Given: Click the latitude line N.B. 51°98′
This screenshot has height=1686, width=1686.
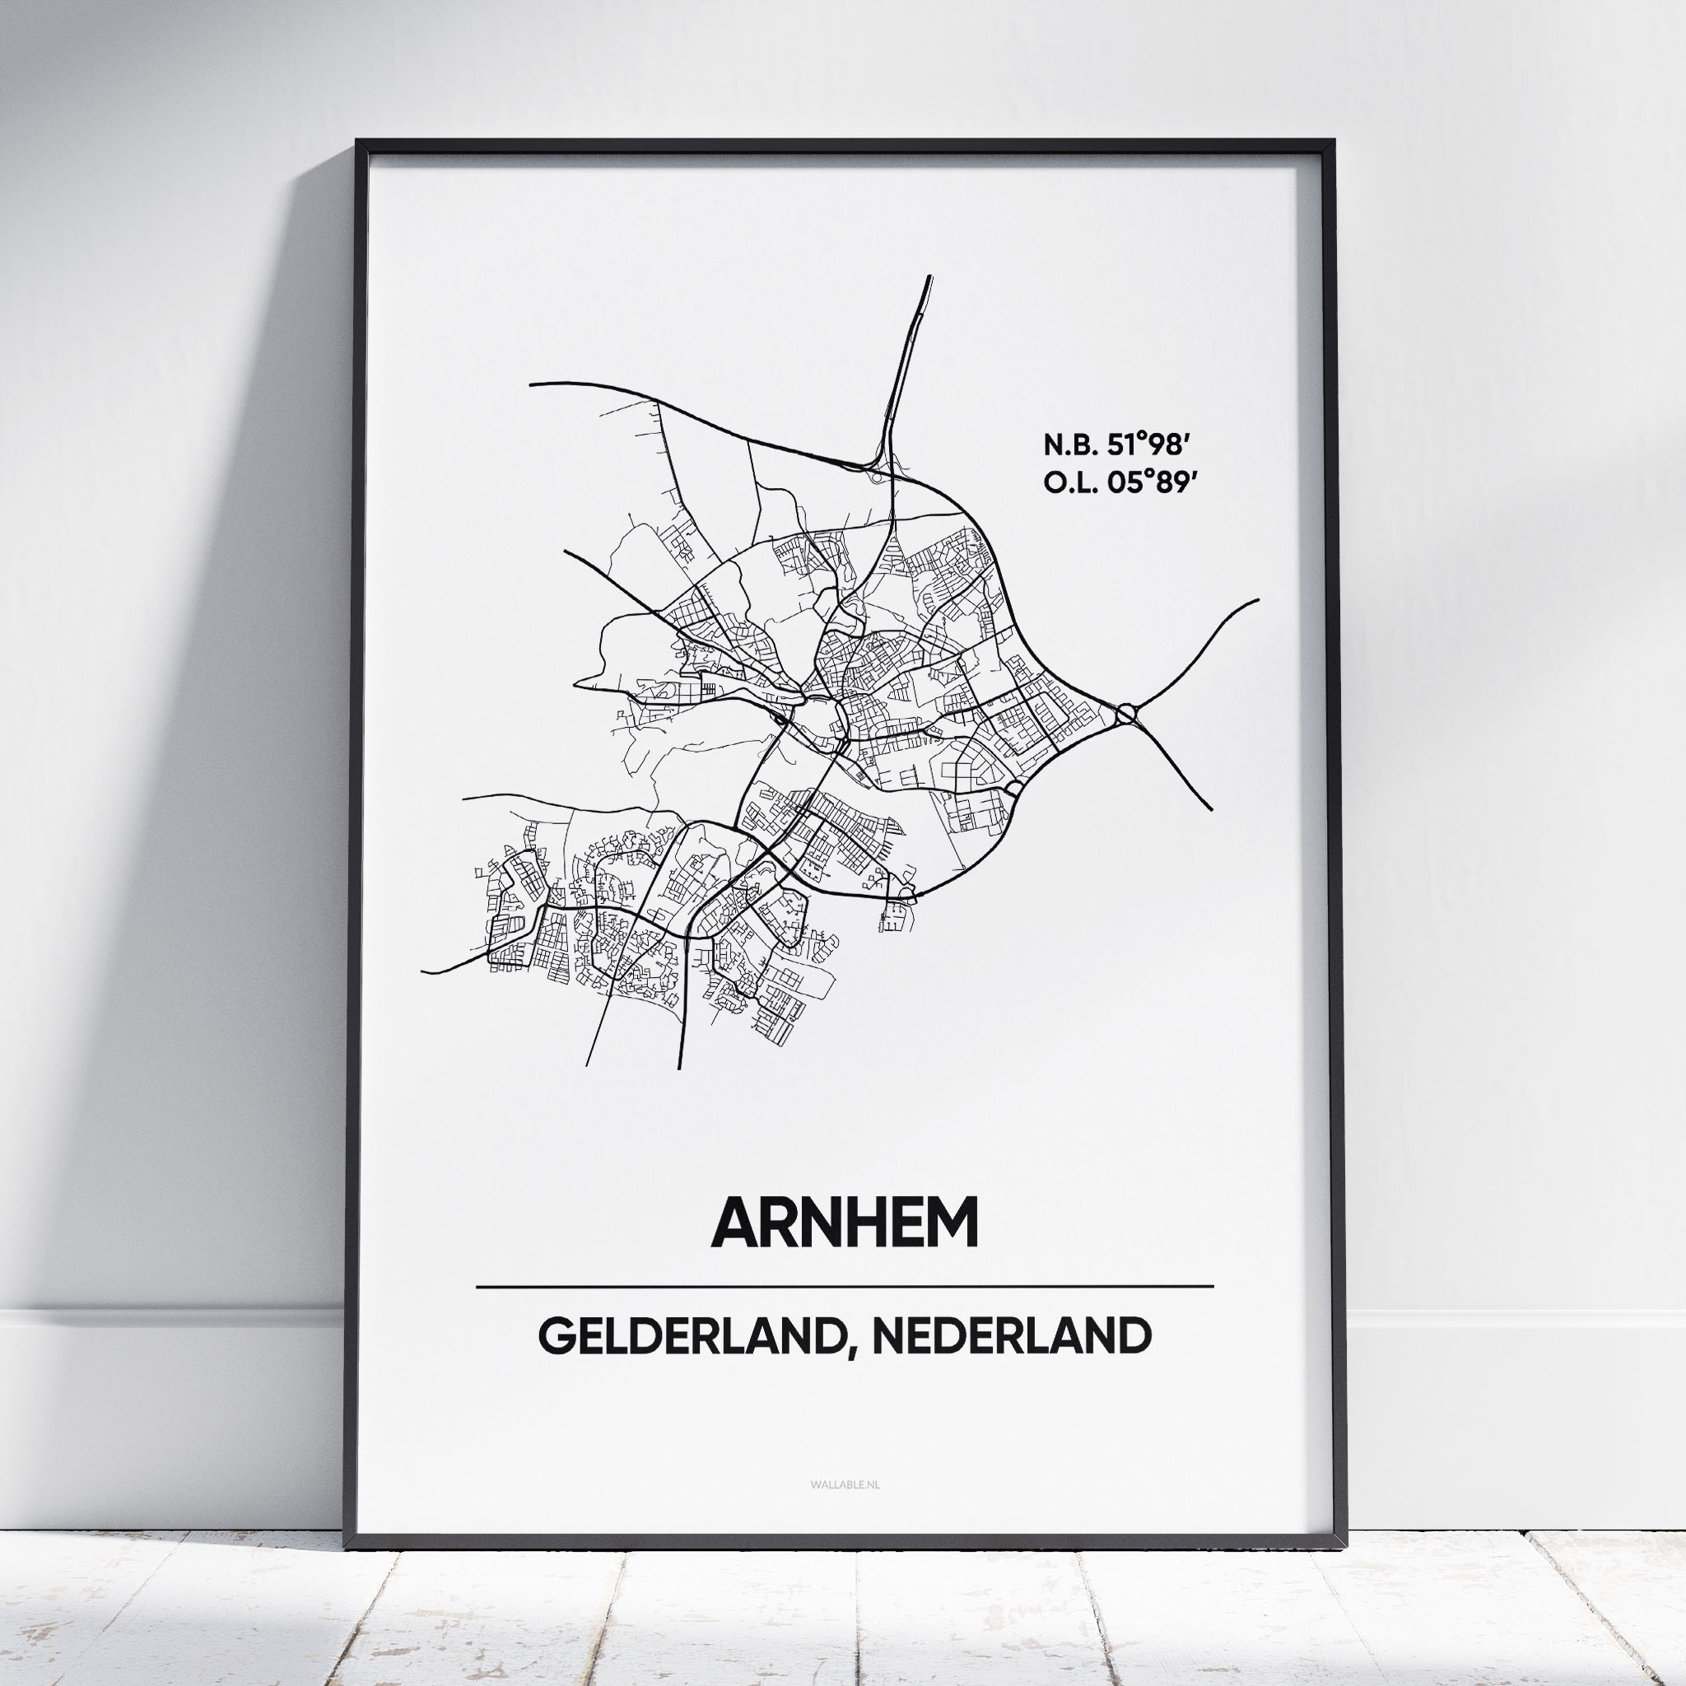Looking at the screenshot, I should coord(1117,445).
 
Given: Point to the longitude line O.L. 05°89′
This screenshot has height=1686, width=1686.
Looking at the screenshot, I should coord(1117,482).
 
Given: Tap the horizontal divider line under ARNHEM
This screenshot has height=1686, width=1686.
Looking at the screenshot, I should coord(844,1287).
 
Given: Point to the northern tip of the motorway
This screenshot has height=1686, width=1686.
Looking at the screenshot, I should coord(929,277).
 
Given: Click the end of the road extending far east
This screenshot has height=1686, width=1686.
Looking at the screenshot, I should coord(1258,600).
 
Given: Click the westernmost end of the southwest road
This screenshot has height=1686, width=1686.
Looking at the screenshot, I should coord(423,972).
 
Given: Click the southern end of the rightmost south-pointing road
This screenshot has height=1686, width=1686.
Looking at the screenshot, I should coord(679,1068).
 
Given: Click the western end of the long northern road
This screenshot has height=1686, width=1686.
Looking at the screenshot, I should coord(532,383).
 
